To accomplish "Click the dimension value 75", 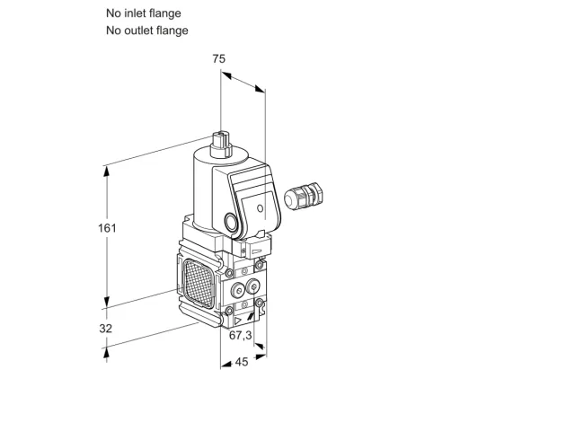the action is pyautogui.click(x=219, y=58).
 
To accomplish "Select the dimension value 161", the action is pyautogui.click(x=107, y=228).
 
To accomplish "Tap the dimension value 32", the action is pyautogui.click(x=106, y=329).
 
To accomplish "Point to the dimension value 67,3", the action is pyautogui.click(x=241, y=335).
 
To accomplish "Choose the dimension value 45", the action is pyautogui.click(x=242, y=362).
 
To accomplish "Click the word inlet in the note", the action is pyautogui.click(x=136, y=13).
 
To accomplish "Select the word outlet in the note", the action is pyautogui.click(x=139, y=31).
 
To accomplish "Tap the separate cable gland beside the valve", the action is pyautogui.click(x=304, y=196).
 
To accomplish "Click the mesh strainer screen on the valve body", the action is pyautogui.click(x=199, y=284).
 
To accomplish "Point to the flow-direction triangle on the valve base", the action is pyautogui.click(x=238, y=321).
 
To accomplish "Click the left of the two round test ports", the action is pyautogui.click(x=238, y=290).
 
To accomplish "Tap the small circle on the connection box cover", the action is pyautogui.click(x=260, y=208).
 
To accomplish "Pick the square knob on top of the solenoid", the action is pyautogui.click(x=221, y=144).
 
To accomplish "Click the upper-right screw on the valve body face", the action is pyautogui.click(x=260, y=264).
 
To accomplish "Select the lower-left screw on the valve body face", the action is pyautogui.click(x=229, y=312).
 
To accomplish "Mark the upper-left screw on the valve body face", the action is pyautogui.click(x=229, y=273).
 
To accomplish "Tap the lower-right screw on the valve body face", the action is pyautogui.click(x=260, y=303).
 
